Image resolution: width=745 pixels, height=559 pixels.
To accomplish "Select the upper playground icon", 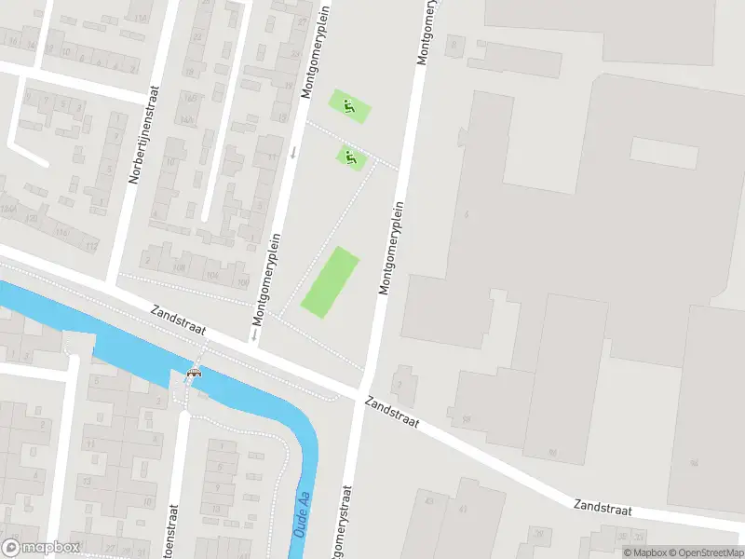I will (348, 106).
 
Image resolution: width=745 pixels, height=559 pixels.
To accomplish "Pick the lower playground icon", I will (350, 158).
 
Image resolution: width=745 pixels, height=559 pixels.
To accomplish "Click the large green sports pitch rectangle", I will (331, 282).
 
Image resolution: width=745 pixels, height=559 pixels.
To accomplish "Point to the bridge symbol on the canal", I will (194, 375).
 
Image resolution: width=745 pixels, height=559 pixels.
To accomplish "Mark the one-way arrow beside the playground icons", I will (293, 151).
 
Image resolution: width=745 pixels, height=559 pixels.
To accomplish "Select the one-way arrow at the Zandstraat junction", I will (253, 333).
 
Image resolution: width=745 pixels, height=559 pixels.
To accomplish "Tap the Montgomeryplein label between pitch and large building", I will (392, 249).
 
